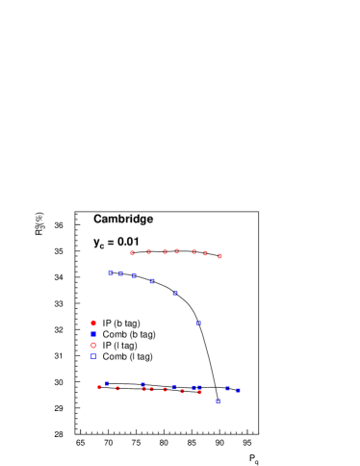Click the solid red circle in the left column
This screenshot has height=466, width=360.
[x=93, y=323]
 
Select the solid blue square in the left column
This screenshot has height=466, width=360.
[x=93, y=334]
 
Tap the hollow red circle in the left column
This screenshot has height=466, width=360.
[x=93, y=345]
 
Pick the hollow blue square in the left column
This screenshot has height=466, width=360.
[x=93, y=356]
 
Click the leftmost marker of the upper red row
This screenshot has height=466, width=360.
[x=132, y=252]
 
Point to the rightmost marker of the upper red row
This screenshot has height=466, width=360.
[x=219, y=256]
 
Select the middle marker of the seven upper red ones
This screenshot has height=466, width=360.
[x=176, y=251]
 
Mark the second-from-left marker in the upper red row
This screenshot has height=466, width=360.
[x=148, y=251]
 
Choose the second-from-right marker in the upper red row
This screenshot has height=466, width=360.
[x=205, y=253]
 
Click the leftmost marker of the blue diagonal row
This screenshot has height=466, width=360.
[x=110, y=272]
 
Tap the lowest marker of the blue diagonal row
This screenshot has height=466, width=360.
[x=175, y=293]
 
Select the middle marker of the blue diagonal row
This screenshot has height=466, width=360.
[x=134, y=276]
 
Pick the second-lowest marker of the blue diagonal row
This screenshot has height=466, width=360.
[x=152, y=281]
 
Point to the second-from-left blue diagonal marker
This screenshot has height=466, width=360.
[x=120, y=273]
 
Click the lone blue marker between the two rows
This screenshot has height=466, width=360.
[x=199, y=323]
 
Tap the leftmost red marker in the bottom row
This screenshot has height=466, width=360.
[x=99, y=386]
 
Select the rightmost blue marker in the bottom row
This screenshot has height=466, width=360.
[x=238, y=390]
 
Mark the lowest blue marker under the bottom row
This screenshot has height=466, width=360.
[x=218, y=401]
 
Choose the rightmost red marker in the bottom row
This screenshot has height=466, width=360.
[x=199, y=392]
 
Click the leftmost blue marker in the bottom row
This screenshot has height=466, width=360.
[x=107, y=383]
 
